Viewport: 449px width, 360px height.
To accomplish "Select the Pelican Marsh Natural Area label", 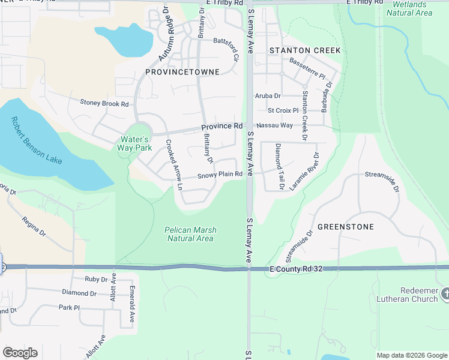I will (190, 234).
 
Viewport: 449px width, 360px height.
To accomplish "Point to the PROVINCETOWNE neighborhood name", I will (182, 72).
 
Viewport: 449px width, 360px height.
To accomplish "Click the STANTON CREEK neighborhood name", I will (305, 50).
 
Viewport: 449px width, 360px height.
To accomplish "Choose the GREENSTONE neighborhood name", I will (345, 227).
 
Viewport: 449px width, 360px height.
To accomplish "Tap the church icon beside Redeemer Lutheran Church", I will (444, 294).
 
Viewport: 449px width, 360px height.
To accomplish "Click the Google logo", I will (20, 353).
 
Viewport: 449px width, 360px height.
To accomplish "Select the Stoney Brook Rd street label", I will (104, 103).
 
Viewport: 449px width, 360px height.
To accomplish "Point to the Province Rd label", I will (221, 127).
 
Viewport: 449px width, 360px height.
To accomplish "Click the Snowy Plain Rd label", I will (220, 175).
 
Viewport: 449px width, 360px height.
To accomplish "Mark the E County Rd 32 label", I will (297, 270).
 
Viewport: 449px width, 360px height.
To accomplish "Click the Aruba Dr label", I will (268, 95).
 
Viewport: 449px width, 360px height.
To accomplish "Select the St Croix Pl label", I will (283, 110).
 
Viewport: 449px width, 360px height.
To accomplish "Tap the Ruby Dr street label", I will (95, 279).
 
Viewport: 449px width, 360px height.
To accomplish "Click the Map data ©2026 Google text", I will (411, 355).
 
